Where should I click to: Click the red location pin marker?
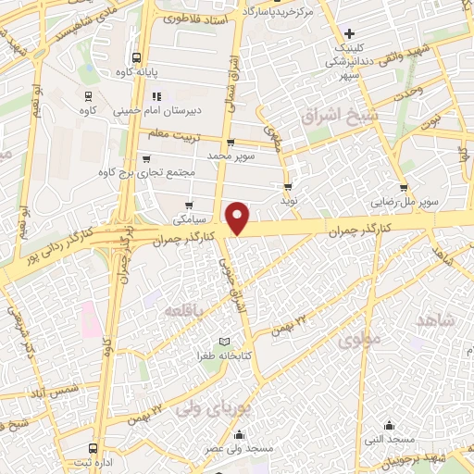pos(238,218)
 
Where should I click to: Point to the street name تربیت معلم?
pos(172,134)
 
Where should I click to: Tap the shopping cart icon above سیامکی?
pos(189,206)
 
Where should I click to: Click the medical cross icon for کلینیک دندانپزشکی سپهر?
pos(349,33)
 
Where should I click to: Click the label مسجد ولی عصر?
pos(241,449)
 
